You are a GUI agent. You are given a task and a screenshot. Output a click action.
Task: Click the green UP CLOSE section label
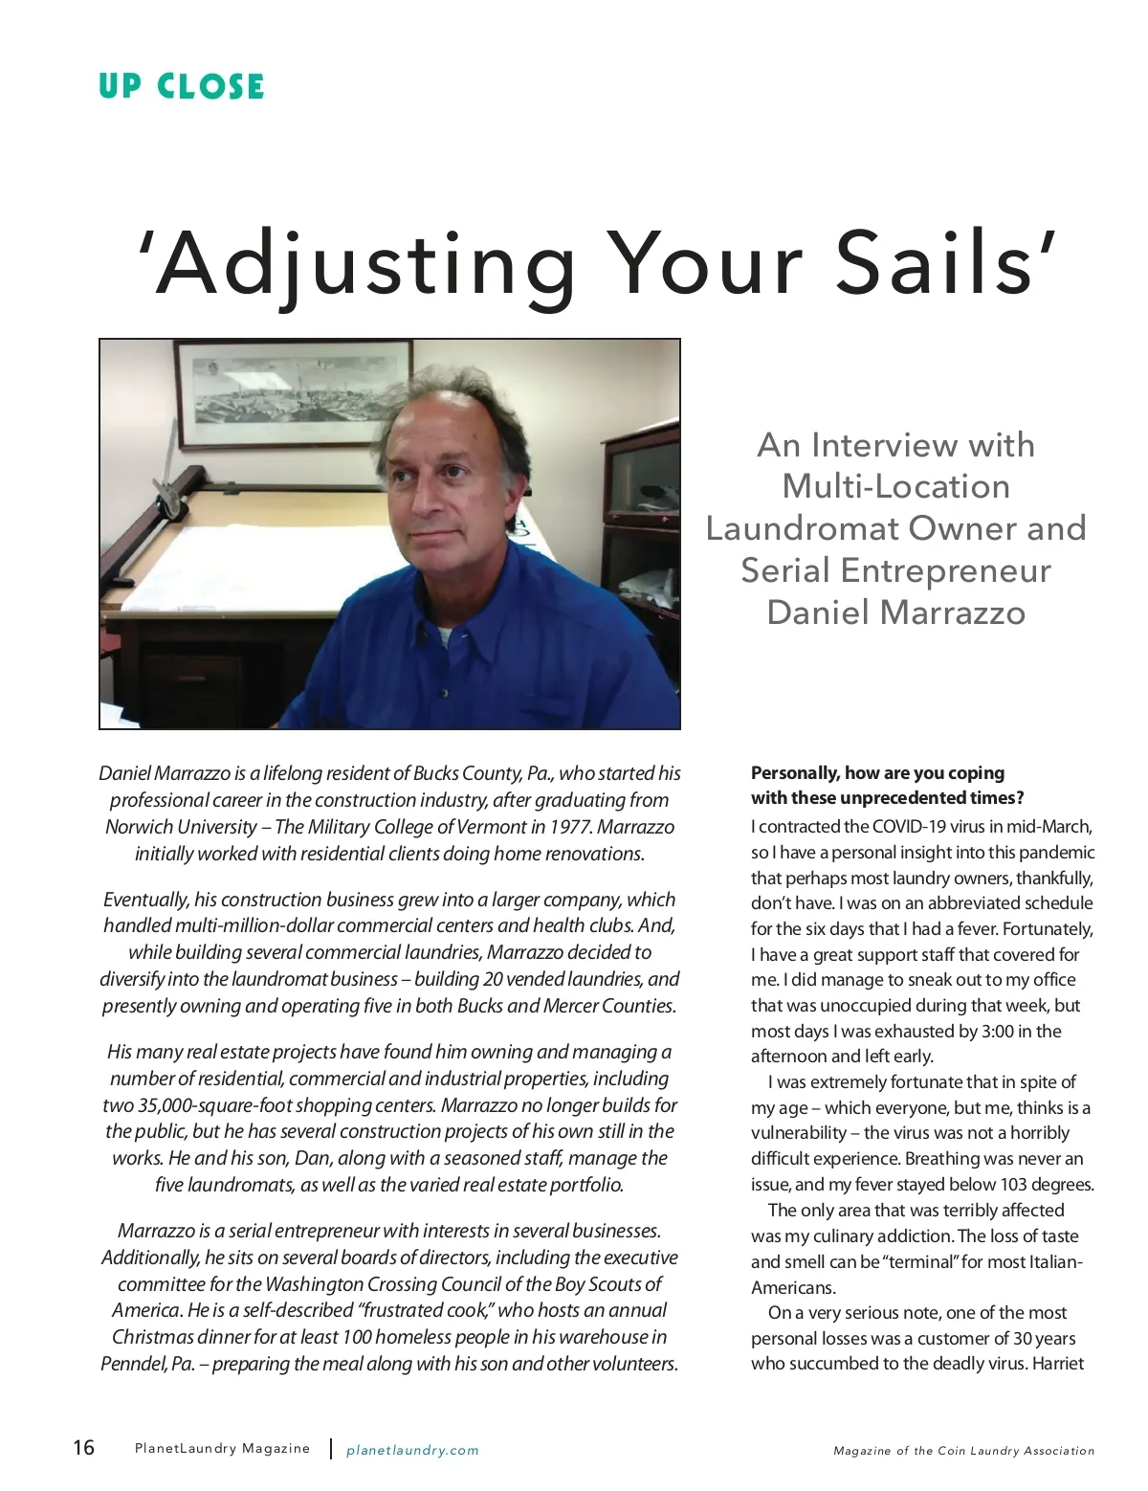181,86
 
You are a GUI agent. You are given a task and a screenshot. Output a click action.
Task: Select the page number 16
84,1447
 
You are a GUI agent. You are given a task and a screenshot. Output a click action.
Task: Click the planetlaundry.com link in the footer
412,1450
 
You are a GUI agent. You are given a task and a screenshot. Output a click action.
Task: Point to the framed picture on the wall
295,394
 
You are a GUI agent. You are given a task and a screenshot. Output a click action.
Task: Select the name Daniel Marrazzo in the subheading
895,612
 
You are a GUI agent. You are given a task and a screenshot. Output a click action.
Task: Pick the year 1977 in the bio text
570,827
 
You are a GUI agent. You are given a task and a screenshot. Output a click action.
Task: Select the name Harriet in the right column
1058,1364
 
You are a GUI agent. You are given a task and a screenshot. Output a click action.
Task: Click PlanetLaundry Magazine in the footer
222,1449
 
